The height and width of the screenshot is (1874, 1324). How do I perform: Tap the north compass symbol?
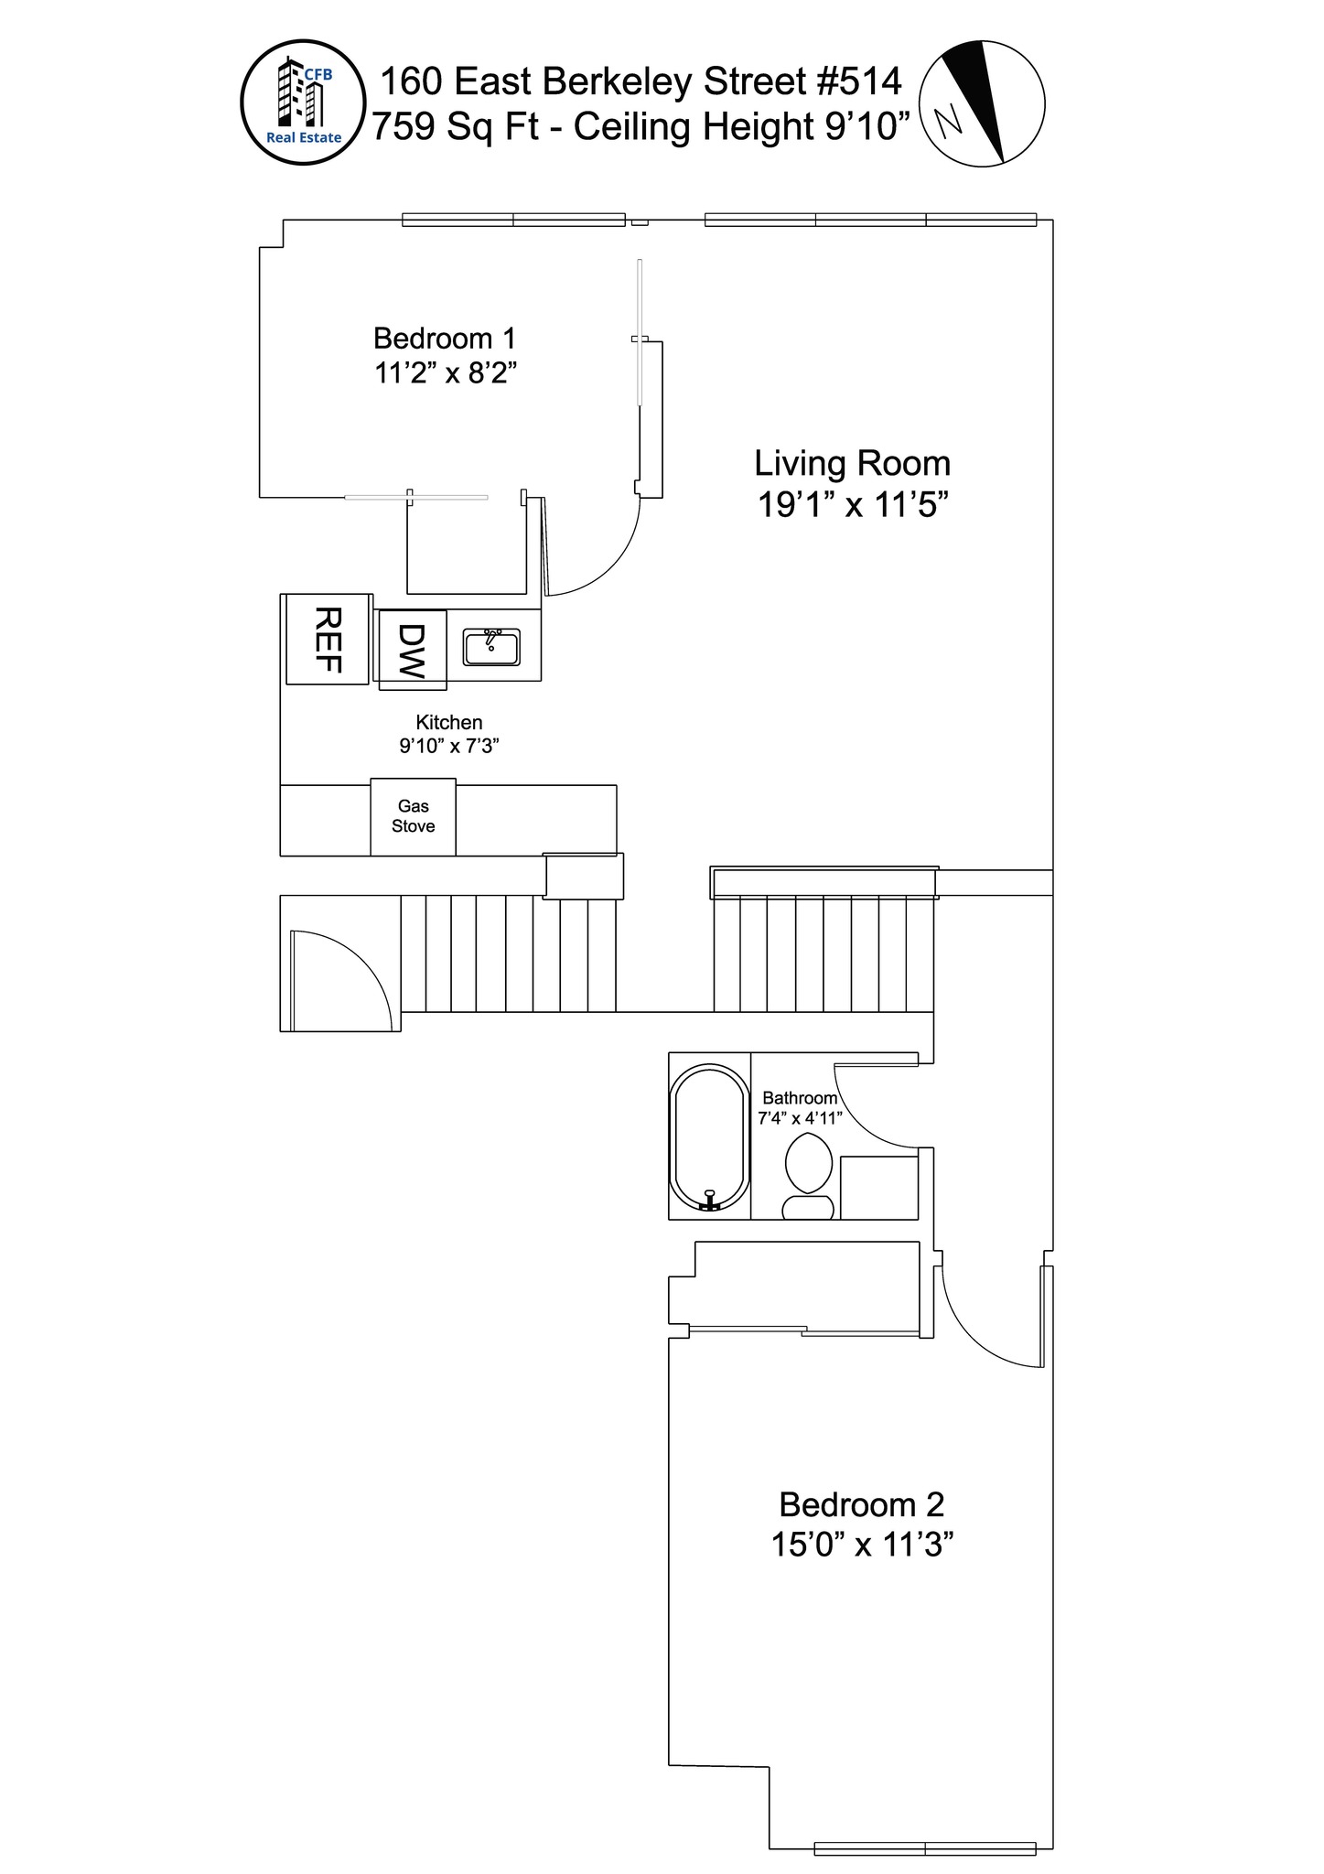981,103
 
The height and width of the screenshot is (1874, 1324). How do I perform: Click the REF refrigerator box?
328,639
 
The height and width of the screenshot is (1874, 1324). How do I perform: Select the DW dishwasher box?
412,649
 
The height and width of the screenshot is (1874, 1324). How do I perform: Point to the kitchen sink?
491,647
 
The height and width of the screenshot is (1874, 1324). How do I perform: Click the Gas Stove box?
413,816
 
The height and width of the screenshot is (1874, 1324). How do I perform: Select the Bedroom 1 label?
445,339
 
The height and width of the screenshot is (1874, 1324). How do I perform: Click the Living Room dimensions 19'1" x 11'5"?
852,505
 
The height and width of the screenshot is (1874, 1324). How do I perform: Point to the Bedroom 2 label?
861,1504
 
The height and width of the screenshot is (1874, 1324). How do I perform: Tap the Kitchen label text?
448,722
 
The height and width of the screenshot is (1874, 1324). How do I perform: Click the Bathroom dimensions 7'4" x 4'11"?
800,1117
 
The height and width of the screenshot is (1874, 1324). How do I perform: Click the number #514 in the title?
857,81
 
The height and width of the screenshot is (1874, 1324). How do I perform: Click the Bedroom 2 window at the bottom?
924,1848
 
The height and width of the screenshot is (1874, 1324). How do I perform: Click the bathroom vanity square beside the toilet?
878,1188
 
